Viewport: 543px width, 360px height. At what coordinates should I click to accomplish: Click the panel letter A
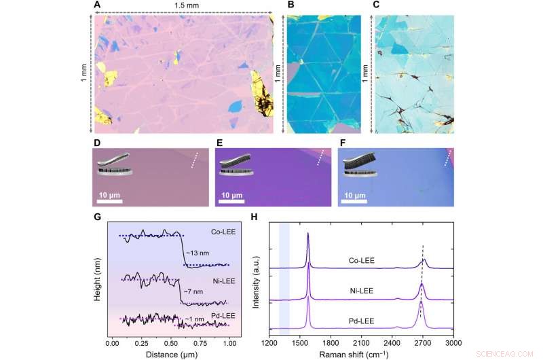coord(97,5)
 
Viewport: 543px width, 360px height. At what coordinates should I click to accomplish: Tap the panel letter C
coord(375,5)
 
